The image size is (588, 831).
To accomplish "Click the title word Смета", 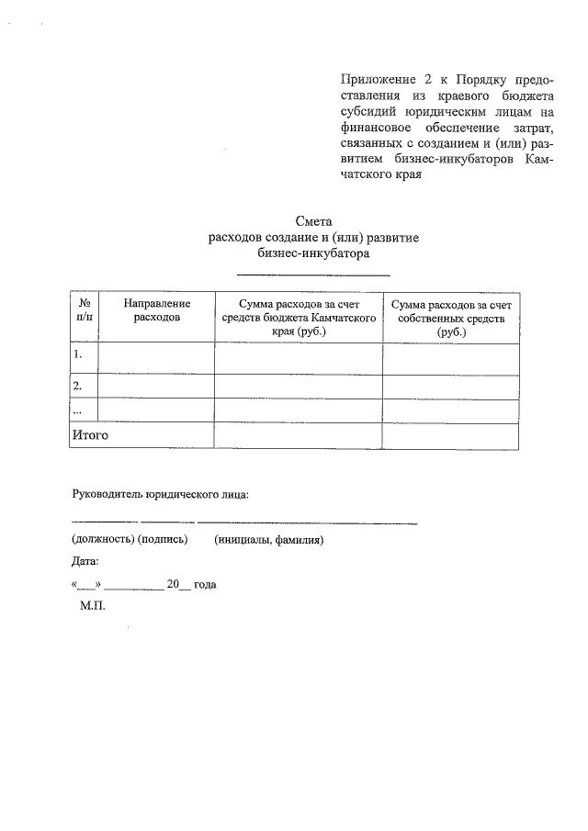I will click(x=313, y=221).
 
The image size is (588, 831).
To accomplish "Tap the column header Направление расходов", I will click(x=156, y=310).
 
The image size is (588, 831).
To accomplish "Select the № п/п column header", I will click(x=84, y=310).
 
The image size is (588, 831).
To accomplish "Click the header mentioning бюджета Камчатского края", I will click(x=298, y=318).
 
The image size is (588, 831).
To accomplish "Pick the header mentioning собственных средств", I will click(x=450, y=318).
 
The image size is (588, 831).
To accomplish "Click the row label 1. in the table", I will click(x=79, y=354).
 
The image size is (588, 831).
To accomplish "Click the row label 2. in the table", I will click(x=79, y=386).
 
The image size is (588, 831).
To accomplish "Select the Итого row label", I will click(x=91, y=435).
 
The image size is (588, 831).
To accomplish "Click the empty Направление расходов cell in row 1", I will click(x=156, y=357).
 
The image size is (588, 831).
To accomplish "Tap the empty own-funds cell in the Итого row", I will click(x=450, y=435).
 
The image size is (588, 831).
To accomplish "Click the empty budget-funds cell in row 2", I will click(x=298, y=387).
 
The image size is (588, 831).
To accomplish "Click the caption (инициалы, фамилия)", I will click(x=268, y=540).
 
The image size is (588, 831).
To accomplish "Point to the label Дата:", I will click(x=85, y=561).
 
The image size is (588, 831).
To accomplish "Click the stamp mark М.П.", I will click(x=94, y=607).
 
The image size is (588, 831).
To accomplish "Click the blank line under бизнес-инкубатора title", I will click(x=313, y=274).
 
